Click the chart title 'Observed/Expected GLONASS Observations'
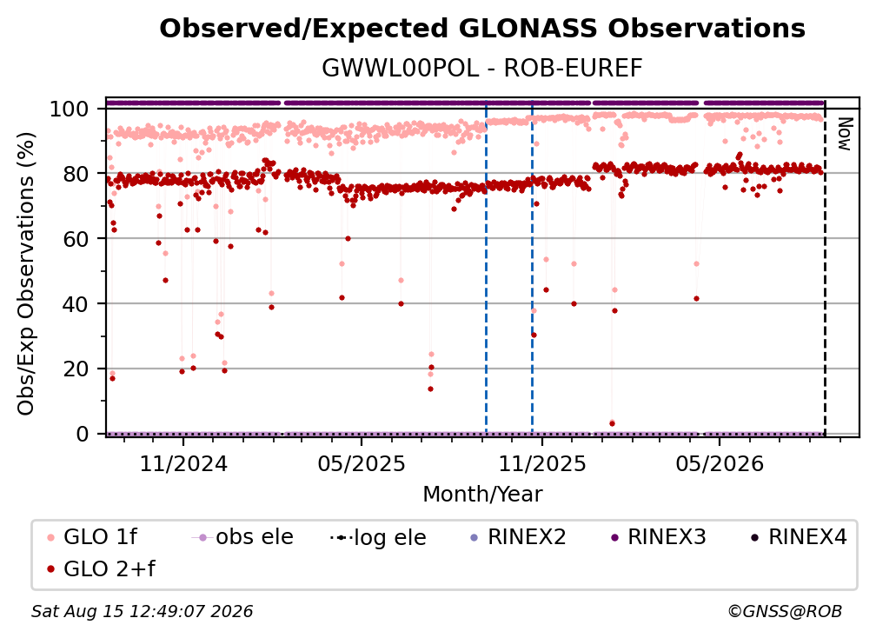pyautogui.click(x=482, y=29)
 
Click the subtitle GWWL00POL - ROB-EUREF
pyautogui.click(x=482, y=68)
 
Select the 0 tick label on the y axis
pyautogui.click(x=83, y=434)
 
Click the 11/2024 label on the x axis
pyautogui.click(x=183, y=463)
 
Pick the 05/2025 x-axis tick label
pyautogui.click(x=362, y=463)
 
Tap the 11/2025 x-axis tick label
pyautogui.click(x=542, y=463)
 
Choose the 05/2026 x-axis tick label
pyautogui.click(x=720, y=463)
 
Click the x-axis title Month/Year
pyautogui.click(x=482, y=494)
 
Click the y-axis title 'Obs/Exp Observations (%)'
pyautogui.click(x=26, y=274)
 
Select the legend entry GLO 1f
pyautogui.click(x=92, y=537)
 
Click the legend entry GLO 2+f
pyautogui.click(x=101, y=568)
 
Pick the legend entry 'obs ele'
pyautogui.click(x=242, y=537)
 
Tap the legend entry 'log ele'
pyautogui.click(x=378, y=538)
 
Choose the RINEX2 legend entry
pyautogui.click(x=519, y=537)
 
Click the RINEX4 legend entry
pyautogui.click(x=799, y=537)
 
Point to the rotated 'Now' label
pyautogui.click(x=844, y=134)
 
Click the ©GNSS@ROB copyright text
pyautogui.click(x=785, y=612)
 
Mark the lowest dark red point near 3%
pyautogui.click(x=613, y=423)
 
